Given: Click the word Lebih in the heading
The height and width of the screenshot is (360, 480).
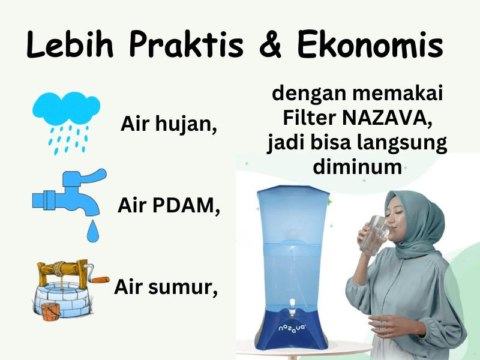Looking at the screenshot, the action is point(70,44).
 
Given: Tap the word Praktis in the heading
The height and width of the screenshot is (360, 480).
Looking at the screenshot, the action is point(186,44).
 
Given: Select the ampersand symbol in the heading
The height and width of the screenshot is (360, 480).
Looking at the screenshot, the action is point(270,44).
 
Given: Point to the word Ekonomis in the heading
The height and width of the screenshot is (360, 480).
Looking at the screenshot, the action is point(370,44).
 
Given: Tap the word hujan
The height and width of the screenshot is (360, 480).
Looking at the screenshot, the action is point(186,125).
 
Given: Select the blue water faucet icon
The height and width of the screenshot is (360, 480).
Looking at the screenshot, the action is point(70,191).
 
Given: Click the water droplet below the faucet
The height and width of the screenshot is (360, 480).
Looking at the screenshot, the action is point(92,231).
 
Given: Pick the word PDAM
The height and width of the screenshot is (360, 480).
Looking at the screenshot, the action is point(185,205).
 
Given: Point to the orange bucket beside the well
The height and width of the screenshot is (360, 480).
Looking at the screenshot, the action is point(50,311).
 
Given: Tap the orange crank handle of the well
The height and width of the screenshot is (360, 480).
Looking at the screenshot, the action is point(100,280).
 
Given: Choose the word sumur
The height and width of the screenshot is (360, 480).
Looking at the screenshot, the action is point(183,287).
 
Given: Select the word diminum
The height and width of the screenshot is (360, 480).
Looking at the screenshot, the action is point(357,167).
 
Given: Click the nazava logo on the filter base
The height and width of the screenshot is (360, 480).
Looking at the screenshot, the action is point(292,328).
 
